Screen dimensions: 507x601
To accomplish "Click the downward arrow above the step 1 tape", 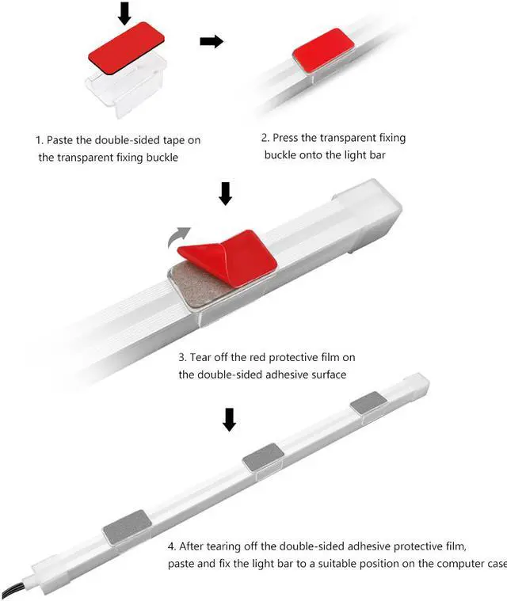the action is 124,13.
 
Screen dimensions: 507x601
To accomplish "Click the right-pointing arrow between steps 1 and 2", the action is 212,41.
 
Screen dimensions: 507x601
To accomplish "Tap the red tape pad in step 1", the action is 127,49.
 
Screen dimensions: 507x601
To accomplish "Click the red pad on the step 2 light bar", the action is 323,51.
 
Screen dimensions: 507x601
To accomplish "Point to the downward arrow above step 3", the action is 226,193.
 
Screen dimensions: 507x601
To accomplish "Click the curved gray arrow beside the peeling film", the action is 179,238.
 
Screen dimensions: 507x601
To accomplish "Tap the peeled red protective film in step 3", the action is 228,257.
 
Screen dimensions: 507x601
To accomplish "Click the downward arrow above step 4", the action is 230,420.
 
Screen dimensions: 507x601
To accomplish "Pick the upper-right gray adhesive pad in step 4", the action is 368,403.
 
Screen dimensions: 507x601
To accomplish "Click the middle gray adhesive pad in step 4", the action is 264,458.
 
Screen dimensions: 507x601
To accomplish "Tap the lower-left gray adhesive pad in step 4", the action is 127,528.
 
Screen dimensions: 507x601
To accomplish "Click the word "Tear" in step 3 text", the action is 200,357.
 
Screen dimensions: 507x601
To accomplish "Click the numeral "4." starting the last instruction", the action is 172,546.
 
